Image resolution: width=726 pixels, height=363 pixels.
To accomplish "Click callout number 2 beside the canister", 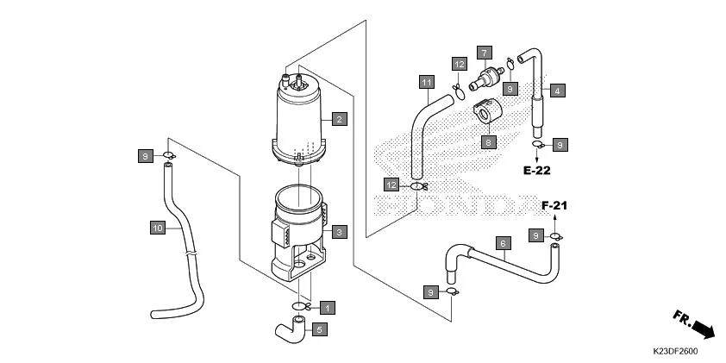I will tap(340, 119).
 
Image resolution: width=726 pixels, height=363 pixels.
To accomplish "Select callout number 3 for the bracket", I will tap(340, 231).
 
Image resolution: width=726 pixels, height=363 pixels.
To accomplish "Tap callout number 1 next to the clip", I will tap(326, 307).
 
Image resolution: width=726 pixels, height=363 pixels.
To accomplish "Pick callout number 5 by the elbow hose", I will tap(318, 329).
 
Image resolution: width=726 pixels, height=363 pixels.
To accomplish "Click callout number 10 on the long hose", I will tap(157, 228).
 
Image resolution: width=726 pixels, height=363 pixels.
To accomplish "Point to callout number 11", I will tap(426, 82).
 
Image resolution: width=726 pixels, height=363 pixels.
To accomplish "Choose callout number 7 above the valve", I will tap(485, 53).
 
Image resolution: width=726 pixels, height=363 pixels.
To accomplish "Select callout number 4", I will tap(558, 91).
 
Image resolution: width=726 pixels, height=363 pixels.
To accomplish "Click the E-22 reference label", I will tap(536, 170).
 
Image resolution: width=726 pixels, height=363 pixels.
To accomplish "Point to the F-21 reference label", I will tap(555, 206).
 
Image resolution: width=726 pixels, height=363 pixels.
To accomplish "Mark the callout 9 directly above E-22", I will tap(560, 145).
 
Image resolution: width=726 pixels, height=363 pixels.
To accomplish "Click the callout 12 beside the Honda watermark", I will tap(391, 185).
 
